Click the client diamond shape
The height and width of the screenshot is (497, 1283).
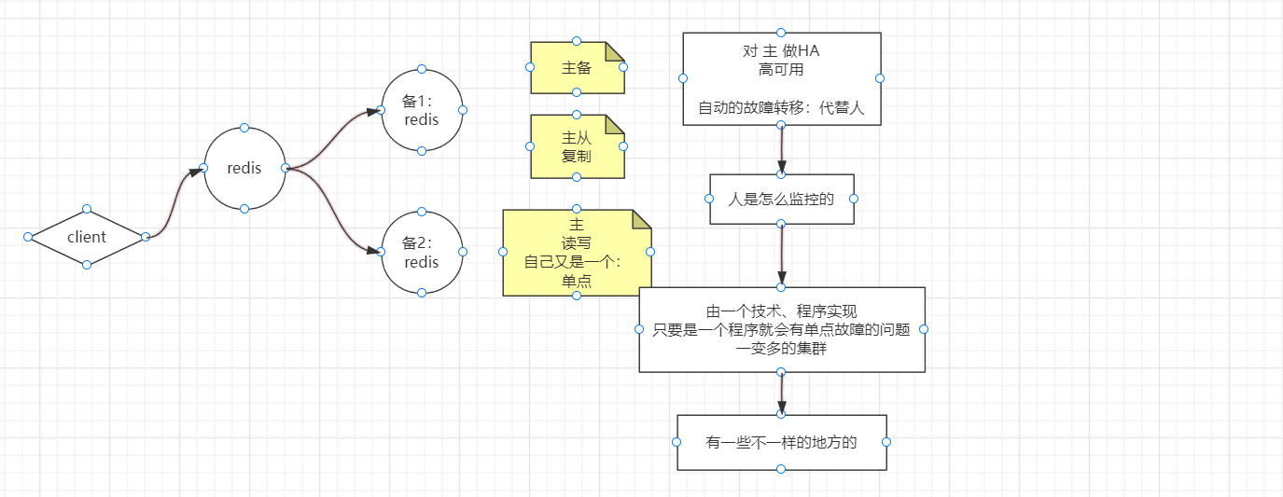87,237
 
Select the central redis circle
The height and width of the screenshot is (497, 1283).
244,168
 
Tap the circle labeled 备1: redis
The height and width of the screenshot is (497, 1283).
422,109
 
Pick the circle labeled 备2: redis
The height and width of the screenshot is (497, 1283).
422,252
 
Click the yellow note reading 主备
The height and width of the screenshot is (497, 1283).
577,68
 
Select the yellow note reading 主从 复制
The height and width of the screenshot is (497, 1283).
577,146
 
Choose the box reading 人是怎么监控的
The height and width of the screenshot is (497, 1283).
781,199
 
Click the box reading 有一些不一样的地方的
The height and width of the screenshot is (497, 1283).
781,443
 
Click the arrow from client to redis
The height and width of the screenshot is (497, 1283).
174,203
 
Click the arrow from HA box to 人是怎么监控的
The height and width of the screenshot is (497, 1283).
781,149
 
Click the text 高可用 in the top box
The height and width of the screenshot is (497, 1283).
781,69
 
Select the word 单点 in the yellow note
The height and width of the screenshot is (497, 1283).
576,282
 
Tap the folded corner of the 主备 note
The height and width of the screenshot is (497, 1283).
614,51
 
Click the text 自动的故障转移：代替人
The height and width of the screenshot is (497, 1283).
781,108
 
